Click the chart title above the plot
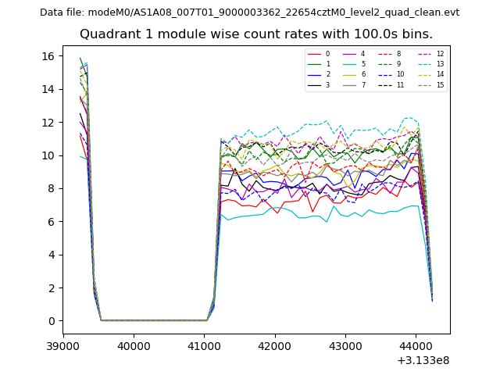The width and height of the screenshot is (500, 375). coord(255,34)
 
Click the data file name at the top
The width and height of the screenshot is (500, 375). coord(249,12)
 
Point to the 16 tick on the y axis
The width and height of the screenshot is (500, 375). coord(48,56)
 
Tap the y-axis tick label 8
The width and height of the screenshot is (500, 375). coord(51,188)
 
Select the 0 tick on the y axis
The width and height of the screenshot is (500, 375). coord(51,321)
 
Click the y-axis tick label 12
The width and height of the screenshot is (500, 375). coord(48,123)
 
